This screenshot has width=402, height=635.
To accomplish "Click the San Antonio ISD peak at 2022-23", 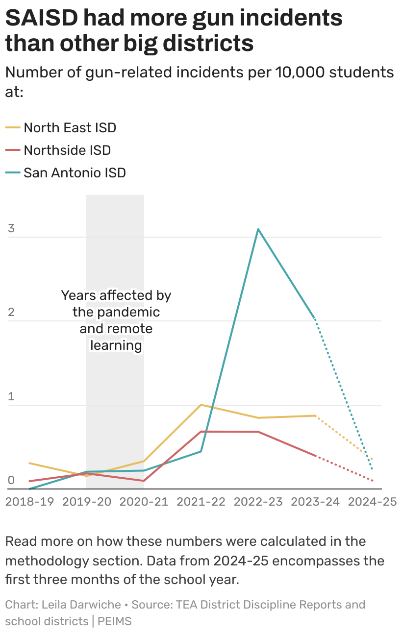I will (x=258, y=229).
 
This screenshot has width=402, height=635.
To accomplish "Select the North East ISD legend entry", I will (x=70, y=128).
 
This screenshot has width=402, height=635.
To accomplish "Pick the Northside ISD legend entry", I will (x=67, y=150).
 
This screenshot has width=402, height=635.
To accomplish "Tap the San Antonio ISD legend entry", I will (x=75, y=172).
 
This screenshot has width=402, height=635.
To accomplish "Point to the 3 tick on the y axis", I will (x=11, y=229).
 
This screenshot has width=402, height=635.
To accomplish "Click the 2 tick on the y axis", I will (x=11, y=313).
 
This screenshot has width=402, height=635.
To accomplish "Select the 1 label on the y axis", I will (x=11, y=397).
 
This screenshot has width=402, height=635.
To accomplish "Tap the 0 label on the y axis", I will (x=11, y=481).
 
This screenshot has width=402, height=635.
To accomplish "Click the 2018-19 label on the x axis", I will (x=29, y=502).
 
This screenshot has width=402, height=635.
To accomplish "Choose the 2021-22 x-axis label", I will (x=201, y=502).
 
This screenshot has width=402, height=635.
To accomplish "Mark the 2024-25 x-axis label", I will (x=372, y=502).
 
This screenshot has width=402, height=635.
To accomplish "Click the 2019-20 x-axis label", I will (x=87, y=502).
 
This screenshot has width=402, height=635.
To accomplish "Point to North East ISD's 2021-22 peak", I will (x=201, y=405).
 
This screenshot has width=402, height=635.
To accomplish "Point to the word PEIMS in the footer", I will (x=115, y=621).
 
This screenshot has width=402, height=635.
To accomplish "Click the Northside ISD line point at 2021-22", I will (x=201, y=431).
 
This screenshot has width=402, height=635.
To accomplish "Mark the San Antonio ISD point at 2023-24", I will (x=315, y=319).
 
